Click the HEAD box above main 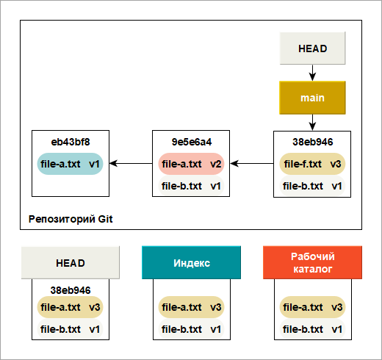tap(312, 48)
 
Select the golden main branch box tap(312, 98)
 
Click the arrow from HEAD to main tap(312, 73)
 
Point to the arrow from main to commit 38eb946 tap(312, 123)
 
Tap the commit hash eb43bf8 tap(71, 142)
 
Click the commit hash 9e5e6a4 tap(192, 142)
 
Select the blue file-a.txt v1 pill tap(70, 164)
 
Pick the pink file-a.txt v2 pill tap(191, 164)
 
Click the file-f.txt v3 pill tap(312, 164)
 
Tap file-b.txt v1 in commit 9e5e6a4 tap(191, 186)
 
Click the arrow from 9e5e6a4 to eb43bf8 tap(131, 163)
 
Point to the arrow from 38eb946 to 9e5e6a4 tap(252, 163)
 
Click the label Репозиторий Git tap(71, 219)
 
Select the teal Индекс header tap(191, 262)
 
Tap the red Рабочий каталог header tap(312, 262)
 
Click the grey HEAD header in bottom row tap(71, 262)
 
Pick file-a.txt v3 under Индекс tap(191, 307)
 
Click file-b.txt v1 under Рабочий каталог tap(312, 329)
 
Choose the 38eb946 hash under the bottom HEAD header tap(71, 290)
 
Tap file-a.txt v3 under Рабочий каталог tap(312, 307)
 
